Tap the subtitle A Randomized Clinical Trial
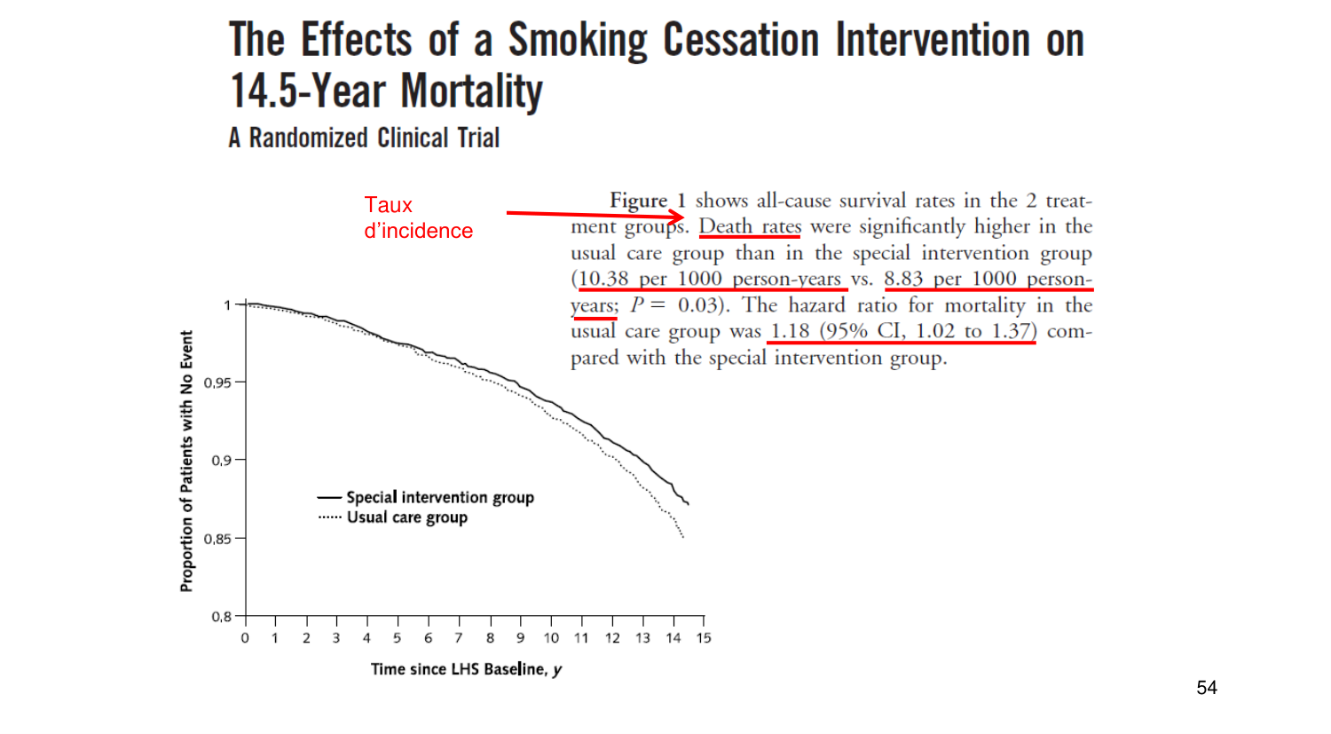point(364,138)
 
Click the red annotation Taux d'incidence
point(418,217)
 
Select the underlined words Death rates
point(750,226)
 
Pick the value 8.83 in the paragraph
point(903,279)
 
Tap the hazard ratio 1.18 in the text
point(790,331)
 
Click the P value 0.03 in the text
point(697,305)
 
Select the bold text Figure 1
point(647,201)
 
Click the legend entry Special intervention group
point(439,497)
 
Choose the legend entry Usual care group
point(406,517)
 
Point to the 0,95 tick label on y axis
point(218,383)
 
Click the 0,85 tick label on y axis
point(218,539)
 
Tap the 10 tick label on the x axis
point(551,638)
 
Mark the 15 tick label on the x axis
point(704,638)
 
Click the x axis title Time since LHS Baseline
point(466,669)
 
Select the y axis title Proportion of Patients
point(186,461)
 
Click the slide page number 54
point(1207,688)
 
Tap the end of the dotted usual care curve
point(682,537)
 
